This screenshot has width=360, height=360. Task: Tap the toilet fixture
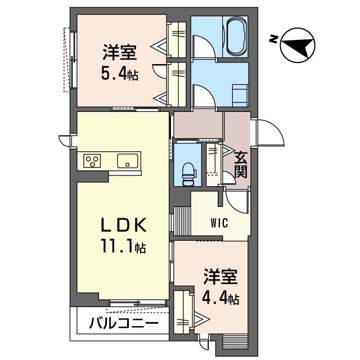pos(188,174)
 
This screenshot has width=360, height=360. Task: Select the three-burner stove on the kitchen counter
pos(92,161)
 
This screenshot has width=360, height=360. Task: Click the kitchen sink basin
pos(128,161)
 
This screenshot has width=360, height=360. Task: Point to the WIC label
pos(219,223)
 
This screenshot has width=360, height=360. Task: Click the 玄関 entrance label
pos(241,165)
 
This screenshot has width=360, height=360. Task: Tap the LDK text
pos(124,225)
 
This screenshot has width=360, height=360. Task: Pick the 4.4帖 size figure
pos(220,299)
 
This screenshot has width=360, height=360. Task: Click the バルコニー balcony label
pos(124,323)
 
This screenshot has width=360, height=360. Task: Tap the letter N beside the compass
pos(273,39)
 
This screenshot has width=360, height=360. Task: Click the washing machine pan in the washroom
pos(240,96)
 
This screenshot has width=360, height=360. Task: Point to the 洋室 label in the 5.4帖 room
pos(120,52)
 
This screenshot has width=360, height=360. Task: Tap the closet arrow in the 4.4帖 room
pos(202,319)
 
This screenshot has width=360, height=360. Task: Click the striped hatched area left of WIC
pos(182,221)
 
